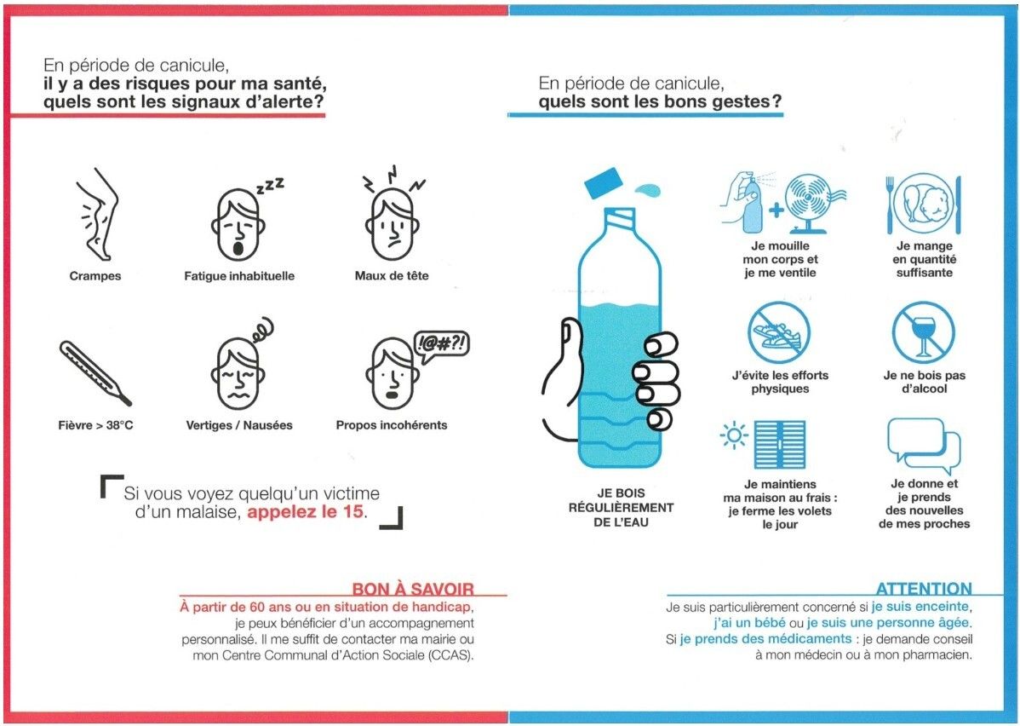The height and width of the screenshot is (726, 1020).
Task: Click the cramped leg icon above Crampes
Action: click(97, 215)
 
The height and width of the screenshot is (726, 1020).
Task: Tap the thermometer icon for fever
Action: click(95, 372)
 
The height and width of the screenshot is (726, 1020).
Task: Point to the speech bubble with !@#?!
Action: click(442, 345)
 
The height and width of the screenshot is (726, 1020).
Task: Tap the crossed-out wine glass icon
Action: click(923, 332)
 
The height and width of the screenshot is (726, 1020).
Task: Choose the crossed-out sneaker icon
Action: click(779, 332)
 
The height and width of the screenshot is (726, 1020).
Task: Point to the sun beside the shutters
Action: click(734, 435)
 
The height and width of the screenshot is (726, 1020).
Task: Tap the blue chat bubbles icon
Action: click(924, 446)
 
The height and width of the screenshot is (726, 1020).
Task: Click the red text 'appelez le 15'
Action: click(305, 512)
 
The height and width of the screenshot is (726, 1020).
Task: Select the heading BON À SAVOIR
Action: click(413, 589)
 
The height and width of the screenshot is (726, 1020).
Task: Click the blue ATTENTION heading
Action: click(924, 589)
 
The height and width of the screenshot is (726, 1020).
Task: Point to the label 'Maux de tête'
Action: click(392, 275)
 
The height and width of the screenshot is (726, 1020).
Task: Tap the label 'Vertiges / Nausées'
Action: click(239, 425)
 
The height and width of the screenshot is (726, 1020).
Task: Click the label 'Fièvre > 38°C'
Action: click(95, 425)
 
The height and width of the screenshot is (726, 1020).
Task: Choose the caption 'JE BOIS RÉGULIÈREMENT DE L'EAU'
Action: click(622, 507)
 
